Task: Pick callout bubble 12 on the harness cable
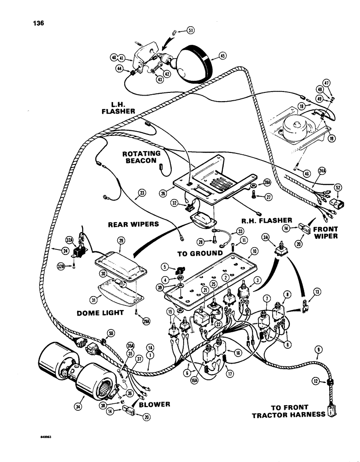click(x=316, y=382)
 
